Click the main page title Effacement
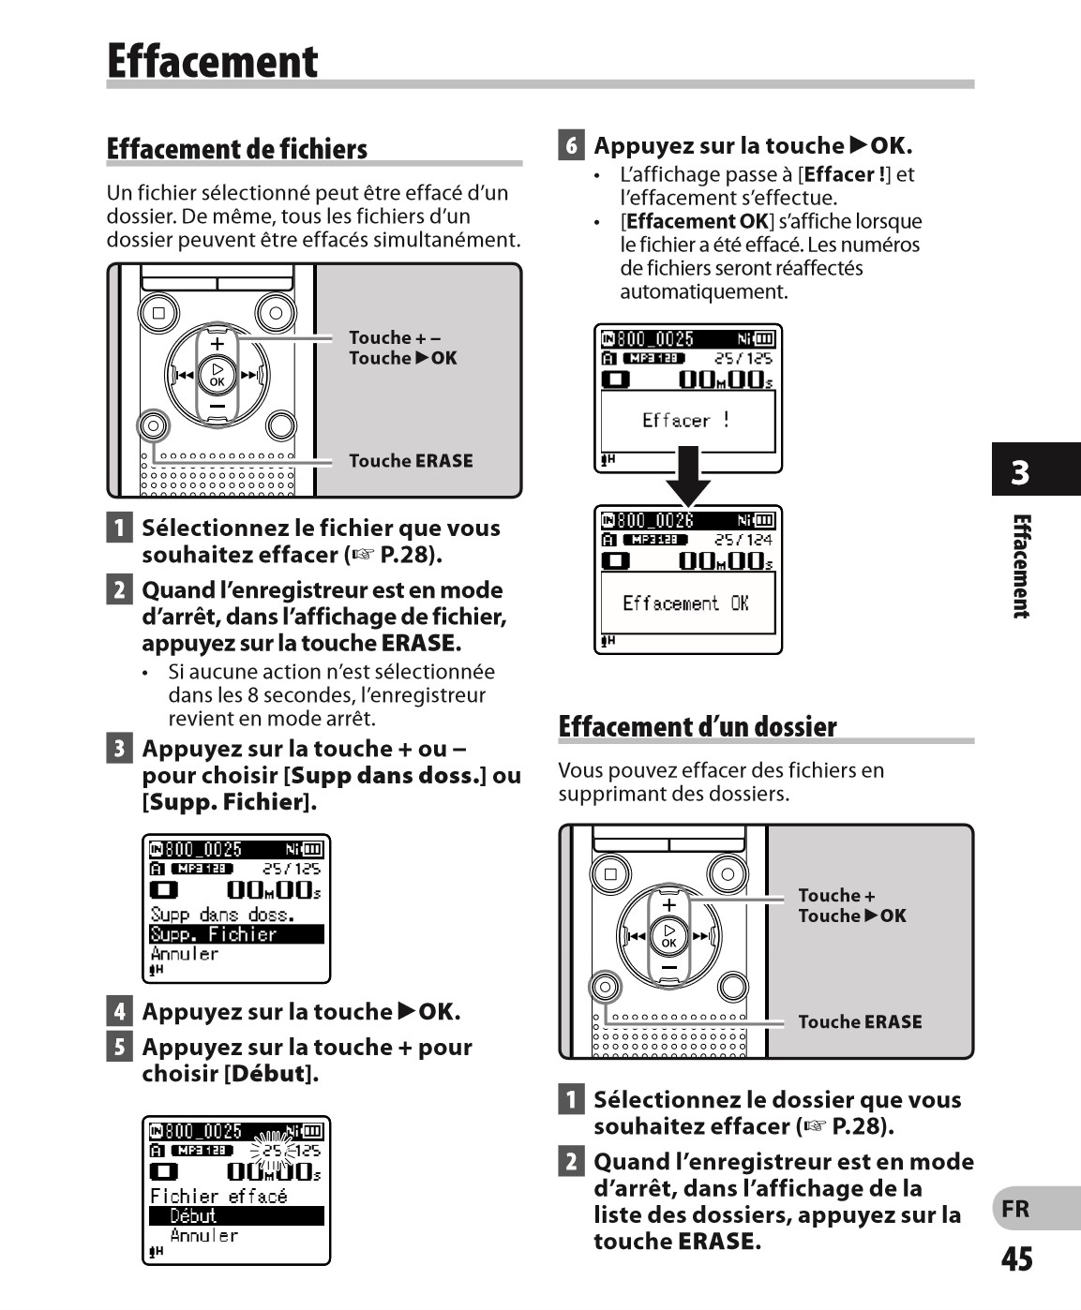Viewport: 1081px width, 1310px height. pyautogui.click(x=213, y=62)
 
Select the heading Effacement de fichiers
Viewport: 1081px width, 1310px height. pyautogui.click(x=237, y=149)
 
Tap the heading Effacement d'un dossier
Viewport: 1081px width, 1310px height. pyautogui.click(x=697, y=727)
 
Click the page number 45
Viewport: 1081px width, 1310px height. pyautogui.click(x=1017, y=1258)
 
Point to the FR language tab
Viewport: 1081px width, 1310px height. pyautogui.click(x=1016, y=1209)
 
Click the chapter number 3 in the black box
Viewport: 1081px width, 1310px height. pyautogui.click(x=1020, y=471)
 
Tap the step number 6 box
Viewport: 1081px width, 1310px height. pyautogui.click(x=571, y=145)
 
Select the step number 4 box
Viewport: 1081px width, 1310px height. pyautogui.click(x=119, y=1011)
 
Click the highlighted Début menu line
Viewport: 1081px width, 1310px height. pyautogui.click(x=236, y=1215)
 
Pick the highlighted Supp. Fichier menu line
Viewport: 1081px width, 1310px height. pyautogui.click(x=236, y=934)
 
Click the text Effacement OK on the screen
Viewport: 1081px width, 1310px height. pyautogui.click(x=685, y=603)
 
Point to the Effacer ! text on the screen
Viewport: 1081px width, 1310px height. pyautogui.click(x=685, y=421)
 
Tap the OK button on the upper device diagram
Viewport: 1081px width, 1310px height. pyautogui.click(x=218, y=375)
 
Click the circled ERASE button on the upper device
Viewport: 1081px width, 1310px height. pyautogui.click(x=153, y=426)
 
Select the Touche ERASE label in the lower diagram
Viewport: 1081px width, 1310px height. pyautogui.click(x=860, y=1022)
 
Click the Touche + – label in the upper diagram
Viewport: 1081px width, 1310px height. pyautogui.click(x=394, y=337)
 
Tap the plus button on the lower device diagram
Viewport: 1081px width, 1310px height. pyautogui.click(x=668, y=905)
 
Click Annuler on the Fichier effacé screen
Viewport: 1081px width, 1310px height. pyautogui.click(x=203, y=1236)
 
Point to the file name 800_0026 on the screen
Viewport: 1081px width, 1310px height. pyautogui.click(x=655, y=521)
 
